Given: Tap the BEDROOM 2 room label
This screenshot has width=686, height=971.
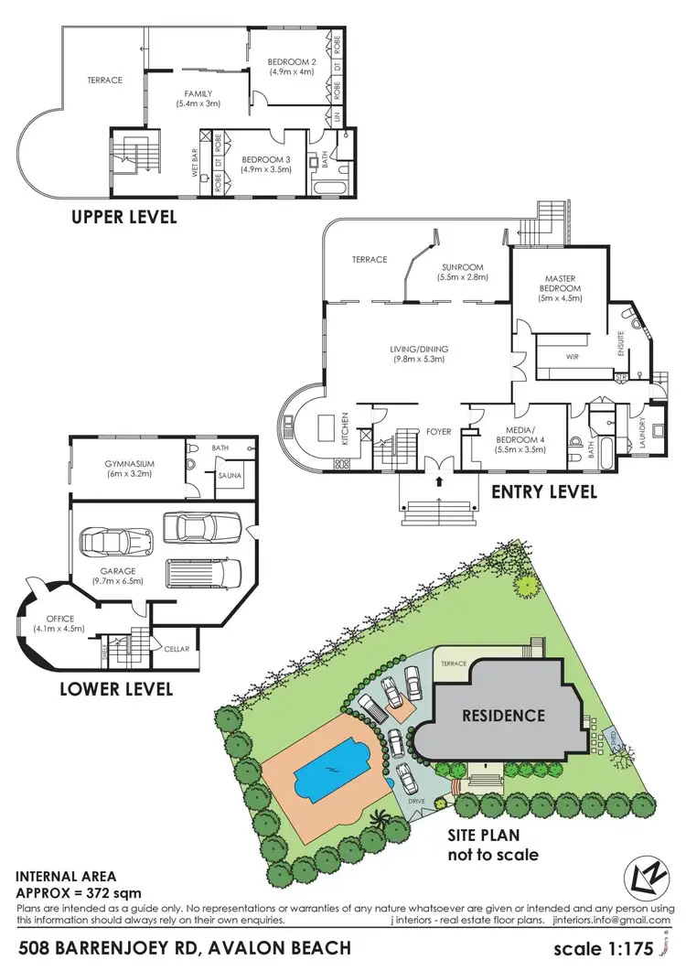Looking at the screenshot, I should click(x=290, y=66).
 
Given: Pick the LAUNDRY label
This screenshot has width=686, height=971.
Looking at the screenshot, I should click(x=657, y=428).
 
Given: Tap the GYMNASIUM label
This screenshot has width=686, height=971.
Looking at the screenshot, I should click(x=129, y=469).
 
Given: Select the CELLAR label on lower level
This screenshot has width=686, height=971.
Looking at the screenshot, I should click(x=177, y=649).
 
